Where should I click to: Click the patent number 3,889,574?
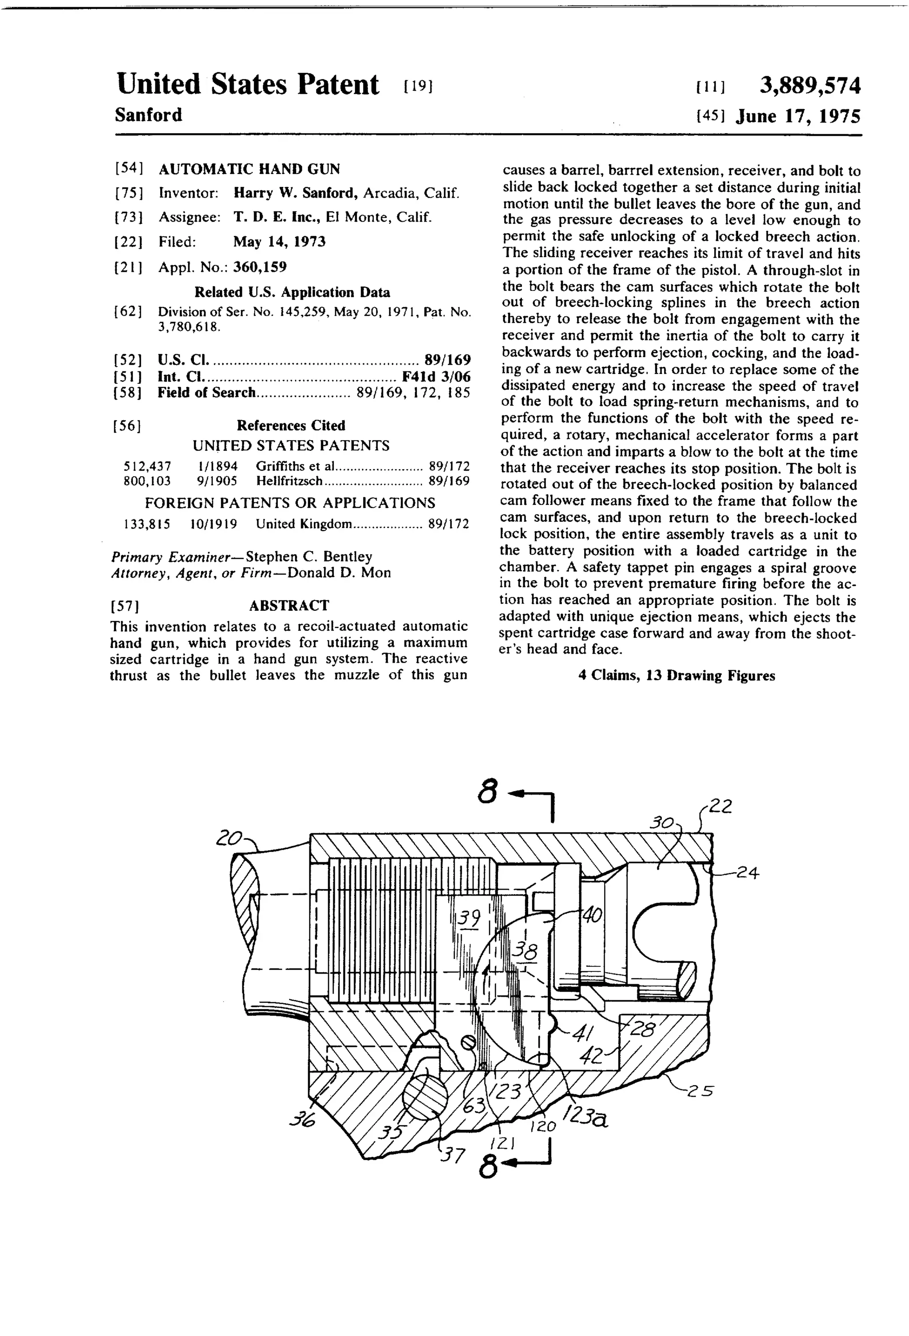coord(810,86)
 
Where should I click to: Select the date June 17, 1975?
coord(798,117)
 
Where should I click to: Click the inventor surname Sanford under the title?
coord(148,115)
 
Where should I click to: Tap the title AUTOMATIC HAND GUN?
coord(249,169)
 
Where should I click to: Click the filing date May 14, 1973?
coord(279,242)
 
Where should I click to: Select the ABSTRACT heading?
coord(289,605)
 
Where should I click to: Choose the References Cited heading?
coord(291,425)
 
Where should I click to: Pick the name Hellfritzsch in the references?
coord(289,481)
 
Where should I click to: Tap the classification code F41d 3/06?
coord(436,377)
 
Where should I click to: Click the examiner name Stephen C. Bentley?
coord(308,557)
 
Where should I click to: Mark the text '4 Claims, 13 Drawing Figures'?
coord(676,676)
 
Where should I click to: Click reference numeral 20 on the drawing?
coord(228,839)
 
